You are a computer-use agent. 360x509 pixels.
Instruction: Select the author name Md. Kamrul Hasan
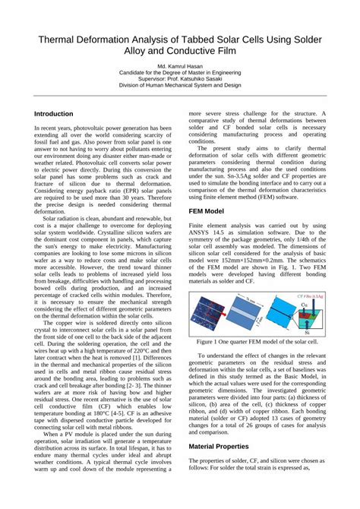pos(180,67)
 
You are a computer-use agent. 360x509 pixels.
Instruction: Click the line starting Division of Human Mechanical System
pos(180,85)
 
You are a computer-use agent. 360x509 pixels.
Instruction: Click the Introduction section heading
pos(54,113)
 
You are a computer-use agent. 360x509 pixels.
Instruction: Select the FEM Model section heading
pos(206,210)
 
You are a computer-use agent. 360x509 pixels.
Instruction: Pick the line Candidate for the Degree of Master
pos(180,73)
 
